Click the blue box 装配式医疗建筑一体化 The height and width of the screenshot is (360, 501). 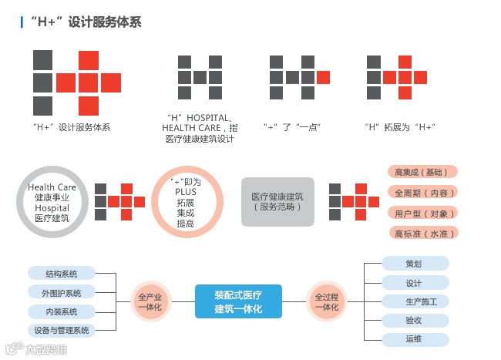(x=238, y=301)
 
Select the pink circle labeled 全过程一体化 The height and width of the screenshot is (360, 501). (x=327, y=301)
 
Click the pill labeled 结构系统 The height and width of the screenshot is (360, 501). (x=62, y=274)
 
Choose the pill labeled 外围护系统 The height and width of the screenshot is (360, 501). (x=62, y=293)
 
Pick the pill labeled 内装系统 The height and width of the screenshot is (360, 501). (x=62, y=312)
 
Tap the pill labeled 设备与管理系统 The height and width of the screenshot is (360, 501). (x=62, y=331)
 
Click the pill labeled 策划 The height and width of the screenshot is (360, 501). (x=415, y=264)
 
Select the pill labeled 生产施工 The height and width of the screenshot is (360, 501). (x=415, y=301)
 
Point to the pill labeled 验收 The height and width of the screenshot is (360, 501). (x=415, y=320)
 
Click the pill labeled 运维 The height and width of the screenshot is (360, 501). (x=415, y=338)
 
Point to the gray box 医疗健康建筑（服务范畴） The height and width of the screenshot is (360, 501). (x=278, y=202)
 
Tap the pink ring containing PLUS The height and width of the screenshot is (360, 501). (x=187, y=202)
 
